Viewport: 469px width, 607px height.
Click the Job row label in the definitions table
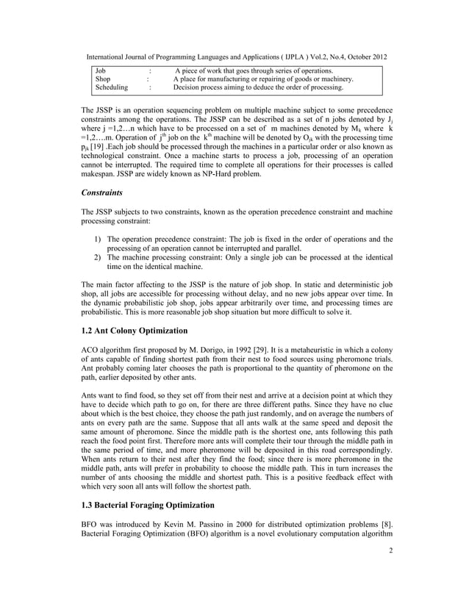pos(101,69)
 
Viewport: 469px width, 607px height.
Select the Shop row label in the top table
pos(104,78)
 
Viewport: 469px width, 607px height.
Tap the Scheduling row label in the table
pos(112,87)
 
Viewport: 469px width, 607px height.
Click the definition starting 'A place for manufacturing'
pos(263,78)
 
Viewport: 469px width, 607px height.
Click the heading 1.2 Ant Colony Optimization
pos(140,329)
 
